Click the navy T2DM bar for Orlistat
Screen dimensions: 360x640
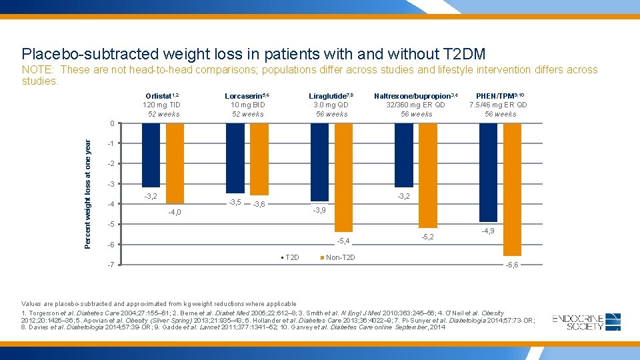[151, 155]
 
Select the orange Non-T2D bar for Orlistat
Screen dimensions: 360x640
[174, 163]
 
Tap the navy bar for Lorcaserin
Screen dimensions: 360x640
[235, 158]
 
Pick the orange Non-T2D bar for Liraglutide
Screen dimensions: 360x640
[343, 177]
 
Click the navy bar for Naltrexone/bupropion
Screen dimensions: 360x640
[404, 155]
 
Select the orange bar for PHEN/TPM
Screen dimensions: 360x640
[512, 189]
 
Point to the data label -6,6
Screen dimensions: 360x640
[512, 265]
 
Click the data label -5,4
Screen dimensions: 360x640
[343, 241]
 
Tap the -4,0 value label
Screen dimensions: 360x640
[174, 213]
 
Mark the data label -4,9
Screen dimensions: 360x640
[488, 231]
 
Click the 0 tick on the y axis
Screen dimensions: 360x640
[113, 123]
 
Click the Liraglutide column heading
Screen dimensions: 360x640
[331, 96]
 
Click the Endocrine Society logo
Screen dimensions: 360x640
[587, 322]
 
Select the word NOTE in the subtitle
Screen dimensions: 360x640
[37, 70]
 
